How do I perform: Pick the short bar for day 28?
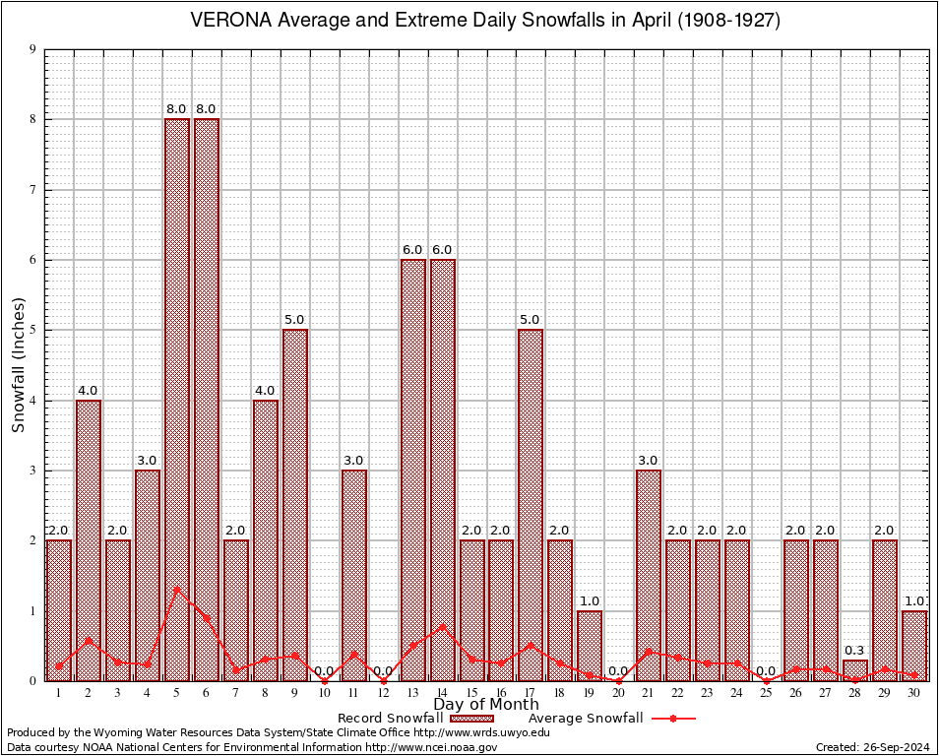(x=854, y=670)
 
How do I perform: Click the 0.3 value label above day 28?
(x=854, y=651)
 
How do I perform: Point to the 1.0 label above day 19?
(x=590, y=600)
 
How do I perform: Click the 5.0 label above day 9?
(x=295, y=319)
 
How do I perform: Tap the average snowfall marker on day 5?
(x=177, y=590)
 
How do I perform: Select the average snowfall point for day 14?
(x=442, y=625)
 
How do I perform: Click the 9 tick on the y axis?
(x=33, y=49)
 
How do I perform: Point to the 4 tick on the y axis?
(x=33, y=401)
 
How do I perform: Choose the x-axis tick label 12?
(x=383, y=693)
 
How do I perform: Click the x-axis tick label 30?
(x=913, y=693)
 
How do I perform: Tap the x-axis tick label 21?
(x=649, y=693)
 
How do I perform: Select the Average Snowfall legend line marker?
(x=673, y=719)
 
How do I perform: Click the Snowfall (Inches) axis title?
(x=19, y=365)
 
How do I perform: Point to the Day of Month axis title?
(x=485, y=705)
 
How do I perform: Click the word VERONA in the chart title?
(x=229, y=21)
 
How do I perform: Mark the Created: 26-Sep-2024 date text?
(x=873, y=747)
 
